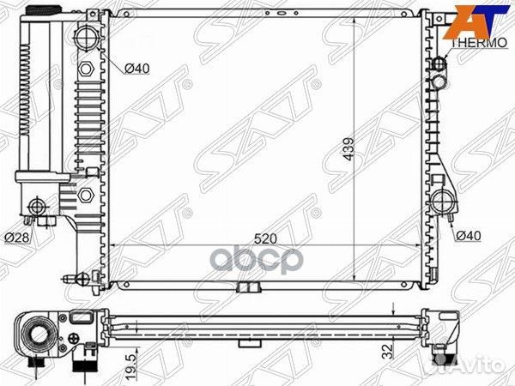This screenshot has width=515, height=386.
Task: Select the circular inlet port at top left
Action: point(88,39)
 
